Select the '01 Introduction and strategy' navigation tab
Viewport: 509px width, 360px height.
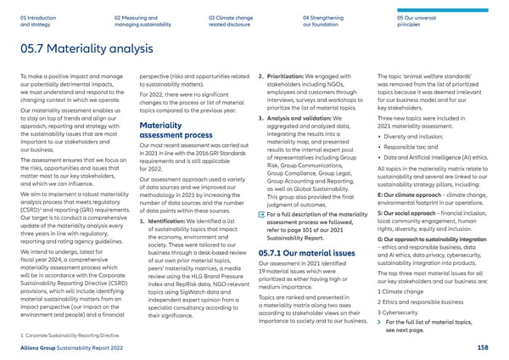coord(35,19)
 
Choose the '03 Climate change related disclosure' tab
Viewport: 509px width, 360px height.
coord(243,19)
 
